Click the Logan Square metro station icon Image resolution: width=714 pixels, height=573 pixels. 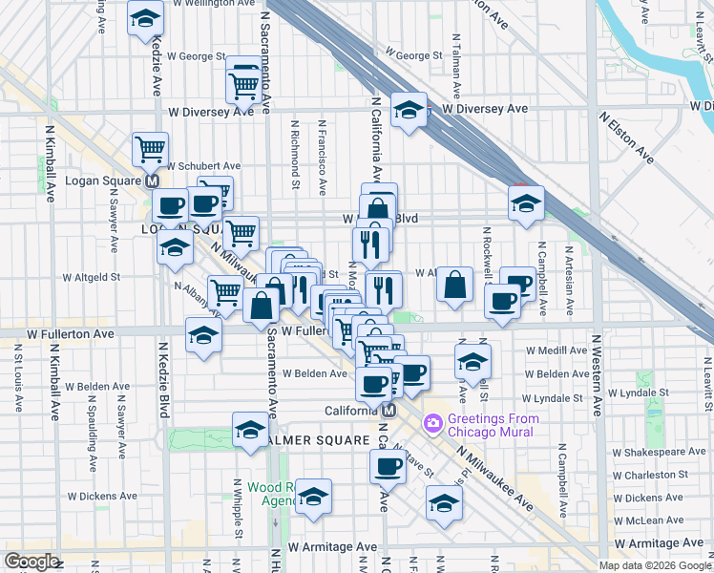(x=151, y=180)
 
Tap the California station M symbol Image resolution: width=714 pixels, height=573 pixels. (x=388, y=411)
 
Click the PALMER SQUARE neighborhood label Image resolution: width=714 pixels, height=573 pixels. (x=314, y=440)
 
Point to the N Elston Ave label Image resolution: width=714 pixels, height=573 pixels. (x=626, y=138)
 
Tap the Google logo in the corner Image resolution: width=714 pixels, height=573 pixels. (x=31, y=562)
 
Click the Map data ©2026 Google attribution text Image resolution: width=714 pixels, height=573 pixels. (x=654, y=565)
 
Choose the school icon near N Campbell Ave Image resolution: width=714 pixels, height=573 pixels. (x=524, y=203)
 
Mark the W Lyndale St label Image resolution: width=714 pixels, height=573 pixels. (x=552, y=397)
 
